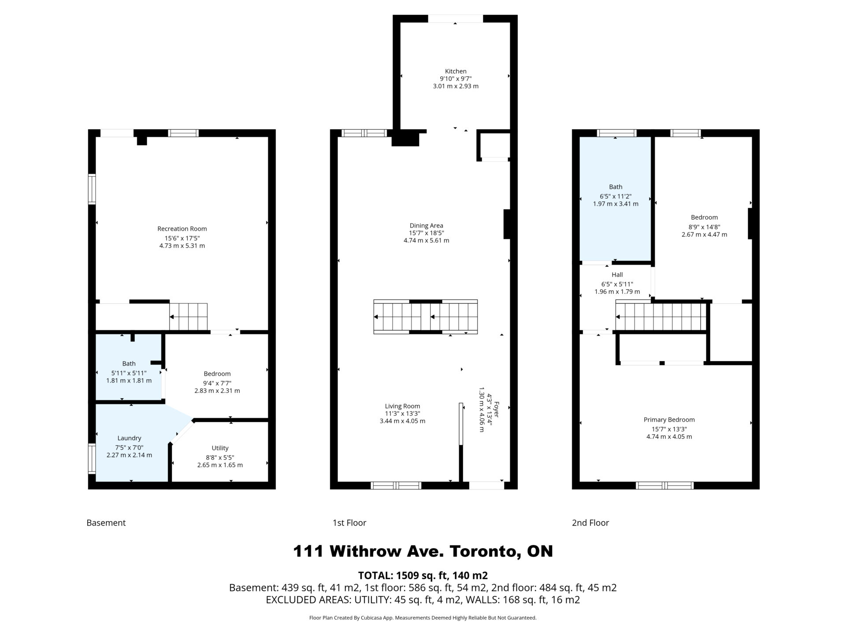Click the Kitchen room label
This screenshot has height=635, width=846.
pyautogui.click(x=456, y=71)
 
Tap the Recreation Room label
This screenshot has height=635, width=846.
pyautogui.click(x=182, y=228)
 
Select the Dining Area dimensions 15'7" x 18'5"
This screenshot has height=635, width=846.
pyautogui.click(x=426, y=233)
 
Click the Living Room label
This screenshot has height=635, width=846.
pyautogui.click(x=402, y=406)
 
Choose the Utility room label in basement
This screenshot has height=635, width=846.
pyautogui.click(x=220, y=448)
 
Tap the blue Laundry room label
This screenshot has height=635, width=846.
pyautogui.click(x=129, y=438)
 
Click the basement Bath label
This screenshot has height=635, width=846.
pyautogui.click(x=129, y=363)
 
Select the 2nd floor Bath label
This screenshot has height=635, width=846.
pyautogui.click(x=616, y=187)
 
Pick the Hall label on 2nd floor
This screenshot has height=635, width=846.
pyautogui.click(x=617, y=275)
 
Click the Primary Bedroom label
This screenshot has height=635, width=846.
pyautogui.click(x=669, y=420)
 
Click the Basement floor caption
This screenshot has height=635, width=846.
pyautogui.click(x=106, y=523)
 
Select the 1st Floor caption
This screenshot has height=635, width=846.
pyautogui.click(x=349, y=523)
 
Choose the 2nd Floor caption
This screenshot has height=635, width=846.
pyautogui.click(x=590, y=523)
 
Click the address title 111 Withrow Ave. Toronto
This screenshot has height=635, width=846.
pyautogui.click(x=423, y=551)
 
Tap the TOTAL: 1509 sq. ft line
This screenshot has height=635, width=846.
pyautogui.click(x=423, y=575)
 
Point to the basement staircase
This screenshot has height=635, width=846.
pyautogui.click(x=189, y=317)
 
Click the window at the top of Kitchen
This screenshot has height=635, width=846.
pyautogui.click(x=456, y=19)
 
